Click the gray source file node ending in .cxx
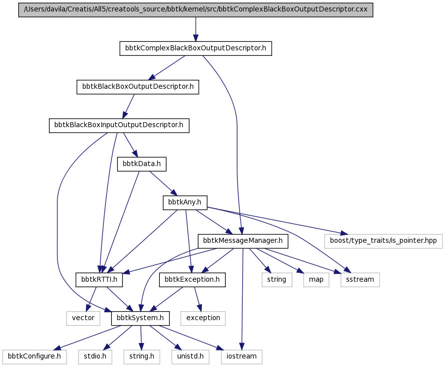[196, 10]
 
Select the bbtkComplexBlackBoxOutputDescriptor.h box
[196, 48]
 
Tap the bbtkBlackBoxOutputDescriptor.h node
[138, 87]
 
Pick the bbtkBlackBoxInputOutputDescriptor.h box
[119, 126]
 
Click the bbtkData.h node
[142, 164]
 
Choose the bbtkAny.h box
[185, 202]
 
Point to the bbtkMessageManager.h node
[243, 241]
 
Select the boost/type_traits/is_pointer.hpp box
[384, 241]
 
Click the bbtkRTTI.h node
[99, 280]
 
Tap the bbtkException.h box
[192, 280]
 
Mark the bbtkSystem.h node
[140, 318]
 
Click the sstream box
[360, 280]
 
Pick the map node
[316, 280]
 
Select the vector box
[83, 318]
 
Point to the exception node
[203, 318]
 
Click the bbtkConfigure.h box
[34, 357]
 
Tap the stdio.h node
[95, 357]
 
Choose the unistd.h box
[190, 357]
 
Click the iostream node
[242, 357]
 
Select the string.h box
[142, 357]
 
